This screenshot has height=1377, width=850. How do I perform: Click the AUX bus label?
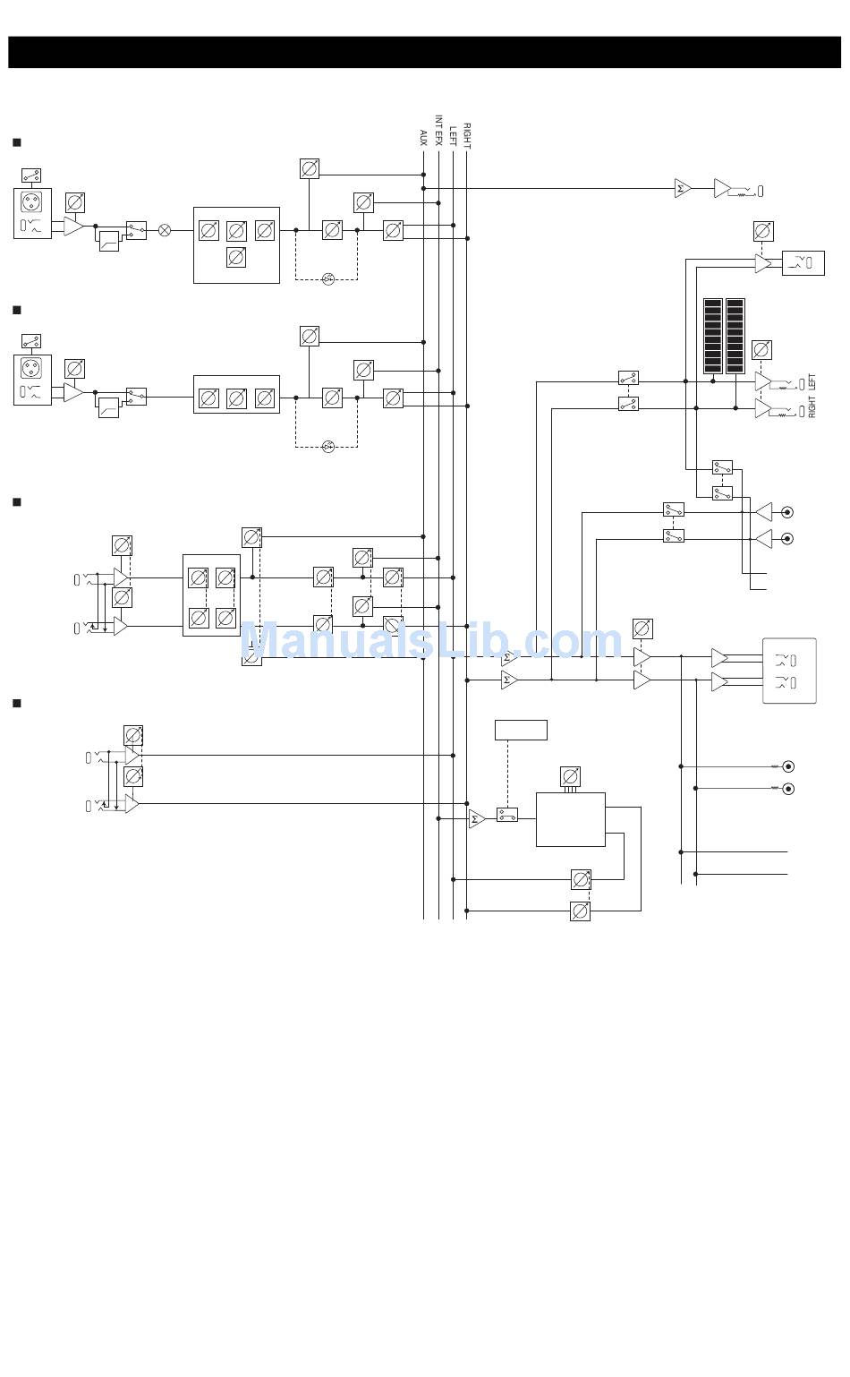423,137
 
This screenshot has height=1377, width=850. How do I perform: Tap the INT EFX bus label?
438,130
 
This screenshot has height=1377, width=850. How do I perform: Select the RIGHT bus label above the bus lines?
467,134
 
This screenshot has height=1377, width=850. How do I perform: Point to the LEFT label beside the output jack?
812,382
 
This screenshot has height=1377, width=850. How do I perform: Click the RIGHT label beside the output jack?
812,407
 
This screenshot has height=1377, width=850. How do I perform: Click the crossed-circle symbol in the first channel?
165,230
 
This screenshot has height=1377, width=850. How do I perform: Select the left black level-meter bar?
712,336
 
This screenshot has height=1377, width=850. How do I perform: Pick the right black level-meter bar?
735,336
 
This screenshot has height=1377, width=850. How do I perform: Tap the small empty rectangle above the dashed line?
521,730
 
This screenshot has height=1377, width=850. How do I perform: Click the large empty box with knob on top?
570,819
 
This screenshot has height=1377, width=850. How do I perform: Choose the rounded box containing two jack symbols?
789,671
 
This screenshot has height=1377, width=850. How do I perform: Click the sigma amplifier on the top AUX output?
683,189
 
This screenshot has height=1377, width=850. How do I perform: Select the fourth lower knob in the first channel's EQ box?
236,258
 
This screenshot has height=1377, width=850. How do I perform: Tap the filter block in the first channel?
108,241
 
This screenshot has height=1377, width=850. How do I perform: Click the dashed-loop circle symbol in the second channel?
327,447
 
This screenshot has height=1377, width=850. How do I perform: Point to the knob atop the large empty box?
570,775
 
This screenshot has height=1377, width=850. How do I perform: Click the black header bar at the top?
424,52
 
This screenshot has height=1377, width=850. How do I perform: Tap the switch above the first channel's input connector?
31,175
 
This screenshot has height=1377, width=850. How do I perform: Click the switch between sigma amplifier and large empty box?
507,815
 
